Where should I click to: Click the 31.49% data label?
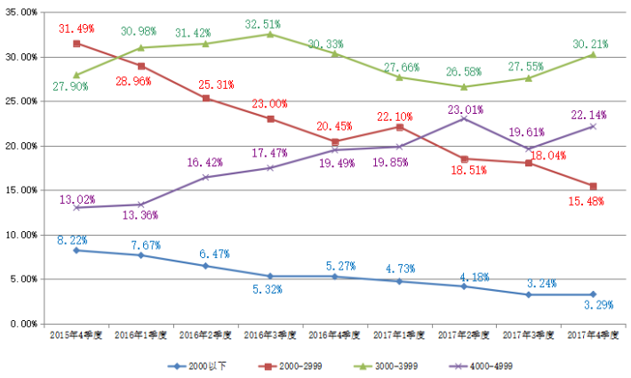76,29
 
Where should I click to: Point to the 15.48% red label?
586,202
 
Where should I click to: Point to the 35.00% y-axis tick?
26,12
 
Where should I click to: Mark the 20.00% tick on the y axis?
26,146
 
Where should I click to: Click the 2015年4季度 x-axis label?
76,336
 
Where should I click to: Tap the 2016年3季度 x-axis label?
270,336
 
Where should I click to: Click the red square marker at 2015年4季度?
76,44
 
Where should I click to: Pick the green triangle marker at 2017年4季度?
593,54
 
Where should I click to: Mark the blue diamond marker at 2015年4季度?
76,250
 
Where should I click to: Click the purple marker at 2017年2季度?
464,118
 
